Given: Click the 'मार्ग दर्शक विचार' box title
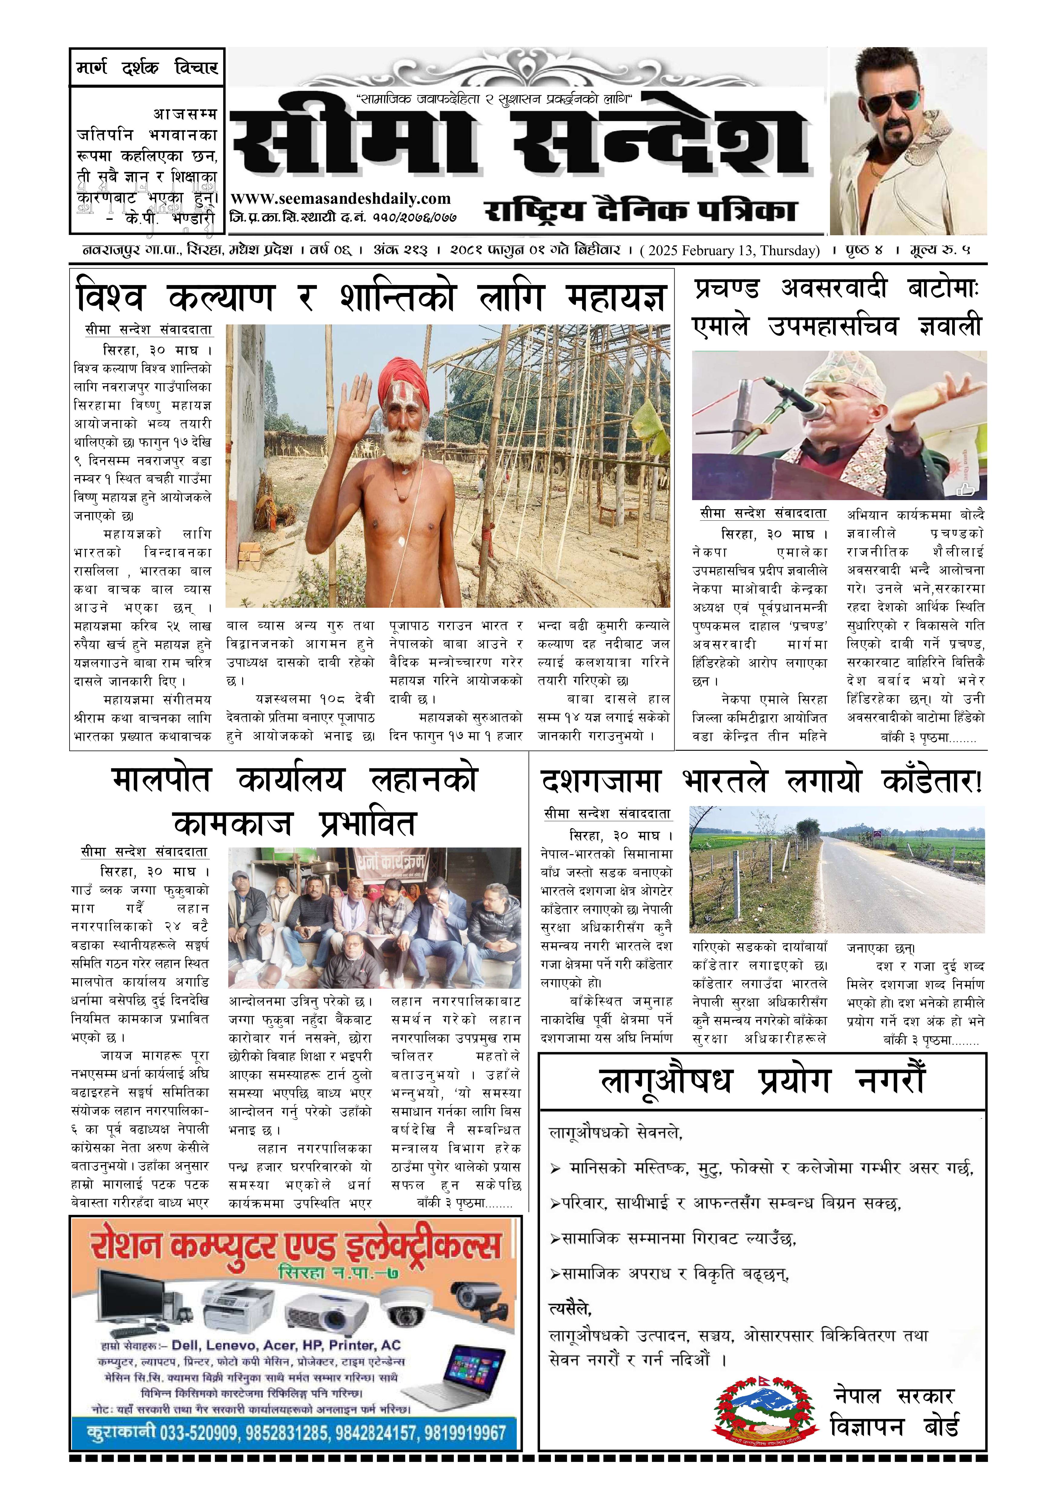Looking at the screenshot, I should point(147,67).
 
